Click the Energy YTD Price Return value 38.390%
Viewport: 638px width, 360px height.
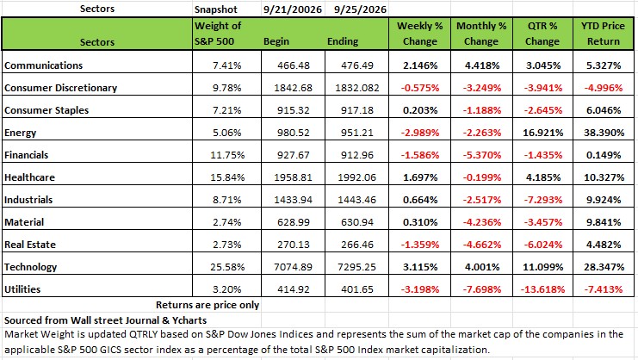604,133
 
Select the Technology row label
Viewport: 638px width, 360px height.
30,267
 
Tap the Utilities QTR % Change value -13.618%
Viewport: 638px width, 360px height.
542,289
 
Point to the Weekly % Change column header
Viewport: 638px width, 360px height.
420,34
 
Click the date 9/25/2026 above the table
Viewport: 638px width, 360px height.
360,9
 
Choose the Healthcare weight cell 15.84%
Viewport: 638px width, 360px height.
227,177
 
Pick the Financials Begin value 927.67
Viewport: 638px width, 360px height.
294,155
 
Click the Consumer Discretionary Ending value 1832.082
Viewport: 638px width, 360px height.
357,88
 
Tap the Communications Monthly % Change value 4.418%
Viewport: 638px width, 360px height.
482,65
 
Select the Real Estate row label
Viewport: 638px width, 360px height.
30,245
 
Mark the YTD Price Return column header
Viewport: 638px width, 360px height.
603,34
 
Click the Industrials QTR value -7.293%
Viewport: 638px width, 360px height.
542,200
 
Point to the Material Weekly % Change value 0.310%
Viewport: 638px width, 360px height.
420,222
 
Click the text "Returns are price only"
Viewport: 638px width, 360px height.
208,305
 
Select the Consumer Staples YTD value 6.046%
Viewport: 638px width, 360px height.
604,110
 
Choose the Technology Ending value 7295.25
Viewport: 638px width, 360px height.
357,267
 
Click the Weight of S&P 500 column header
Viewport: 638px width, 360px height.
218,34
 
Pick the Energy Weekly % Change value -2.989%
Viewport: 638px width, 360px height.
420,133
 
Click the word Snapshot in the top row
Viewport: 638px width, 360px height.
215,9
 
